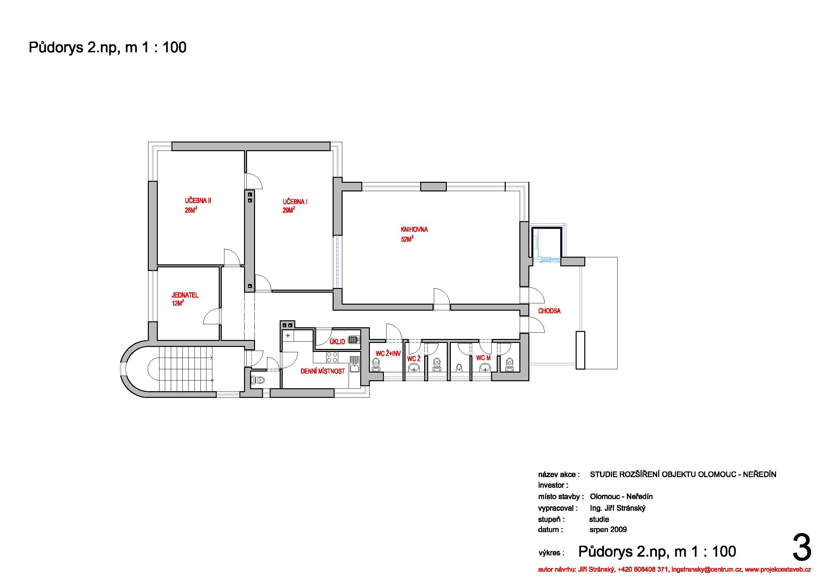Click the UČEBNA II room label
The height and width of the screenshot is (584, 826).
[x=198, y=201]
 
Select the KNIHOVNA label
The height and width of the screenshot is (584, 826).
[x=414, y=229]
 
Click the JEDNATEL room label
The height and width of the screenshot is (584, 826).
[x=185, y=295]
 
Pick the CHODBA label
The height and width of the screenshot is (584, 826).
[x=549, y=311]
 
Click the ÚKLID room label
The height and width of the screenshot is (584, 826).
[x=337, y=342]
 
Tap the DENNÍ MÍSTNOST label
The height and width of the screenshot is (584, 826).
[x=322, y=371]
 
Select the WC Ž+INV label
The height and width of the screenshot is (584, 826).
[x=388, y=354]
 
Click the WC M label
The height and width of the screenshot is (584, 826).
[x=483, y=358]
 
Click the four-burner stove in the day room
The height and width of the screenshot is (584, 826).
[x=332, y=357]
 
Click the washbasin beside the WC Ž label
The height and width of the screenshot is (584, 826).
[x=414, y=367]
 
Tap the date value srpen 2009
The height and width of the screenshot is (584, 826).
[x=608, y=529]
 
